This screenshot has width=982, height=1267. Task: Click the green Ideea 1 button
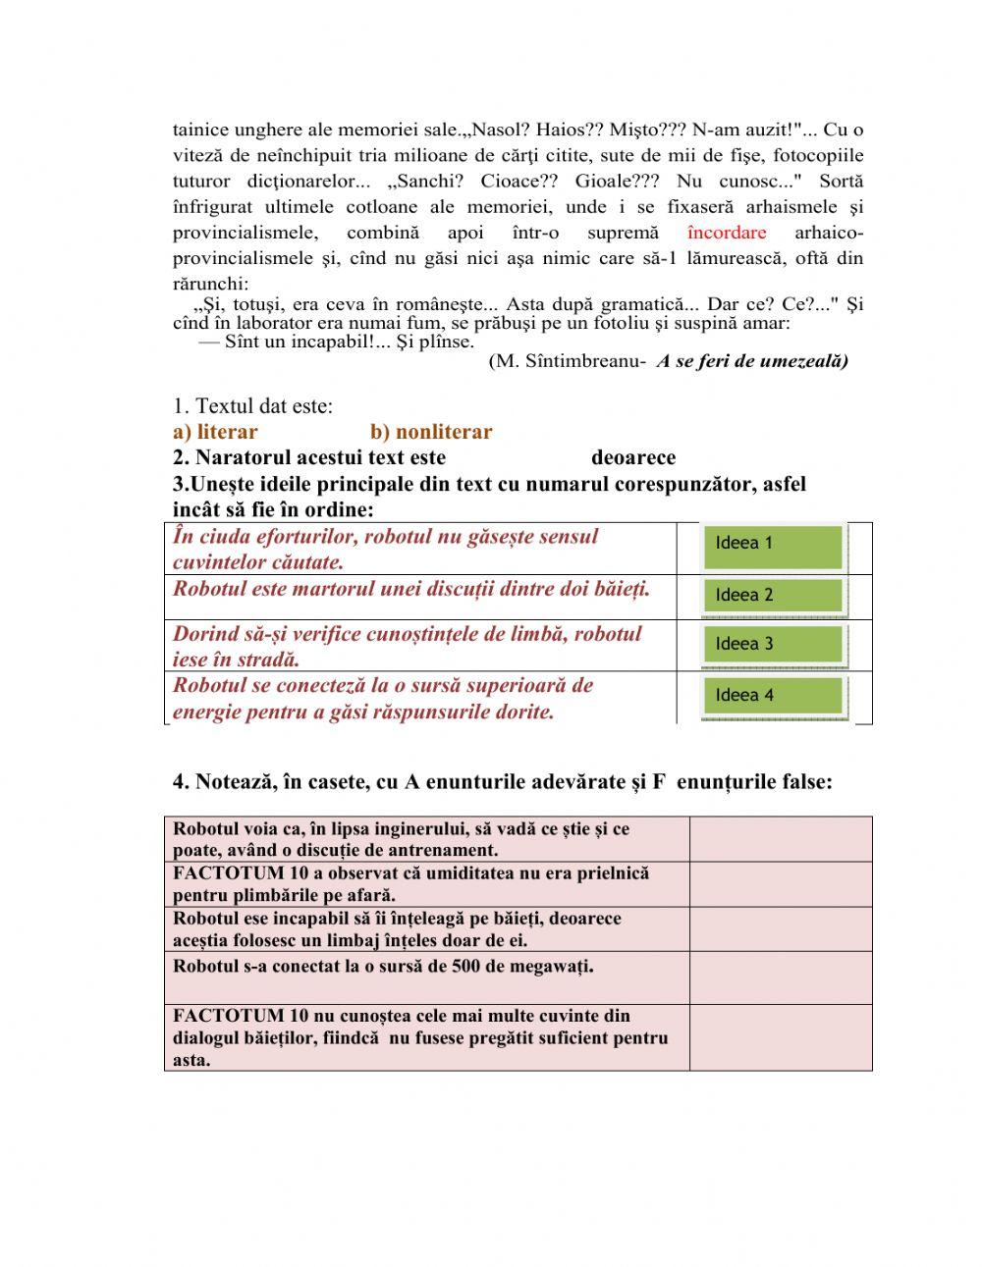click(x=774, y=546)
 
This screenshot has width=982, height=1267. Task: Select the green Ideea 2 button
click(x=774, y=595)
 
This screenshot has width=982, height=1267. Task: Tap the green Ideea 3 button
click(x=774, y=644)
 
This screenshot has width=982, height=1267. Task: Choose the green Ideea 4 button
click(x=774, y=696)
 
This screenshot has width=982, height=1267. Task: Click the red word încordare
click(x=727, y=233)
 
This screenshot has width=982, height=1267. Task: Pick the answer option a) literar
click(x=215, y=432)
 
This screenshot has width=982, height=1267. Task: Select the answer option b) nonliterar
click(x=431, y=432)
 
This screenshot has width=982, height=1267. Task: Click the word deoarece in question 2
click(x=633, y=457)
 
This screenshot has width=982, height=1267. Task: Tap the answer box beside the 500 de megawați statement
click(x=780, y=977)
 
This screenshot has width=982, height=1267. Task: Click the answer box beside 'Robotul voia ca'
click(x=780, y=839)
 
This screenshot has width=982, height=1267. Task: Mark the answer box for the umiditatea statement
click(x=780, y=884)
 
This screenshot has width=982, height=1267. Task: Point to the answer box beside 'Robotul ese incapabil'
click(x=780, y=929)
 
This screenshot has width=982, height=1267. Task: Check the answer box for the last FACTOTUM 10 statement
click(x=780, y=1037)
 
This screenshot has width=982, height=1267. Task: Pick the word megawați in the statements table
click(x=551, y=967)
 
